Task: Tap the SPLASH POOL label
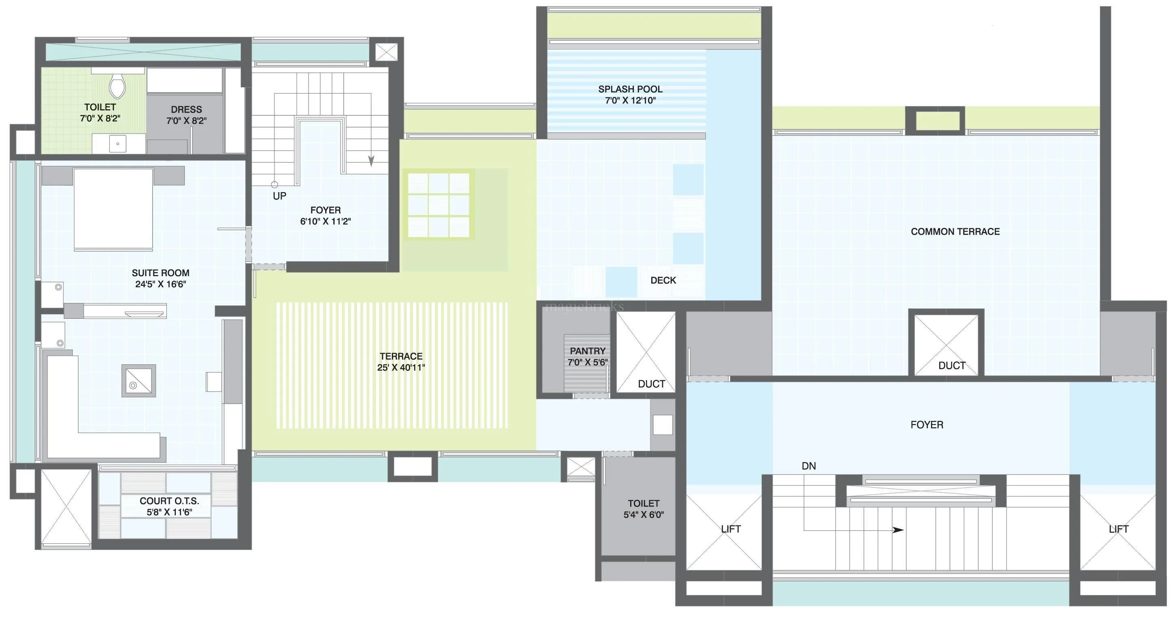630,89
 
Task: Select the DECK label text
663,281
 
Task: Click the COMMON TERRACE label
955,232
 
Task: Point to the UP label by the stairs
279,196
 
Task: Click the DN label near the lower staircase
809,466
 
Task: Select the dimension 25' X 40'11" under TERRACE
401,368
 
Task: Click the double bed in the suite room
113,209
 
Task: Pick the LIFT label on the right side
1118,529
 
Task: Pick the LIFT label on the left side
730,529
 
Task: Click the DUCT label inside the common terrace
952,366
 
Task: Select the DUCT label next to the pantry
651,384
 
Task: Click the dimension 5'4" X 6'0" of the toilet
644,515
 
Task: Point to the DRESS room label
186,110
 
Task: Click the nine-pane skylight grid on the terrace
439,205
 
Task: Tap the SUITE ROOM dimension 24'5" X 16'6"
160,284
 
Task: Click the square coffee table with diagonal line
138,380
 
